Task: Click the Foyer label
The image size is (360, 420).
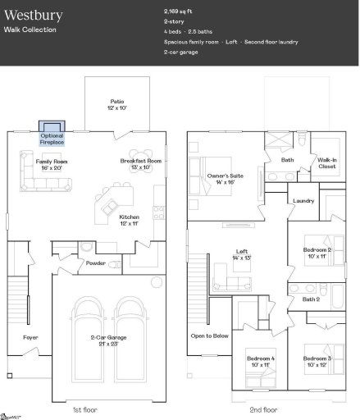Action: click(30, 337)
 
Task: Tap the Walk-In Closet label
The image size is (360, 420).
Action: click(327, 163)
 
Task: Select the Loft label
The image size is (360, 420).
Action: click(242, 254)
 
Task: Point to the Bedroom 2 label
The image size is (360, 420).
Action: click(317, 252)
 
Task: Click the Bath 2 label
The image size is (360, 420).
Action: click(311, 299)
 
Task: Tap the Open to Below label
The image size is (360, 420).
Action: click(208, 336)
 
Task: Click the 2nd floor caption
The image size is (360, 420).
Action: click(264, 409)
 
